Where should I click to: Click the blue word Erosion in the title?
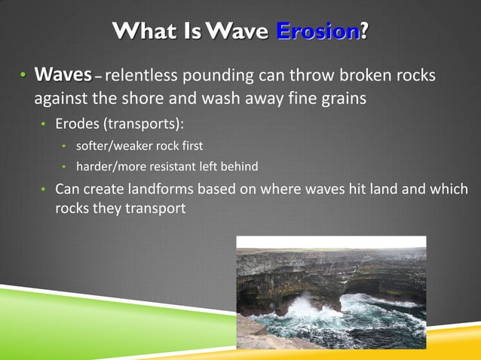[317, 32]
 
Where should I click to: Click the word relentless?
[144, 77]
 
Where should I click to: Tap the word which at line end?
[449, 188]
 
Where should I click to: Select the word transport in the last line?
[153, 208]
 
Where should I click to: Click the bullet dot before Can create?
[44, 189]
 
